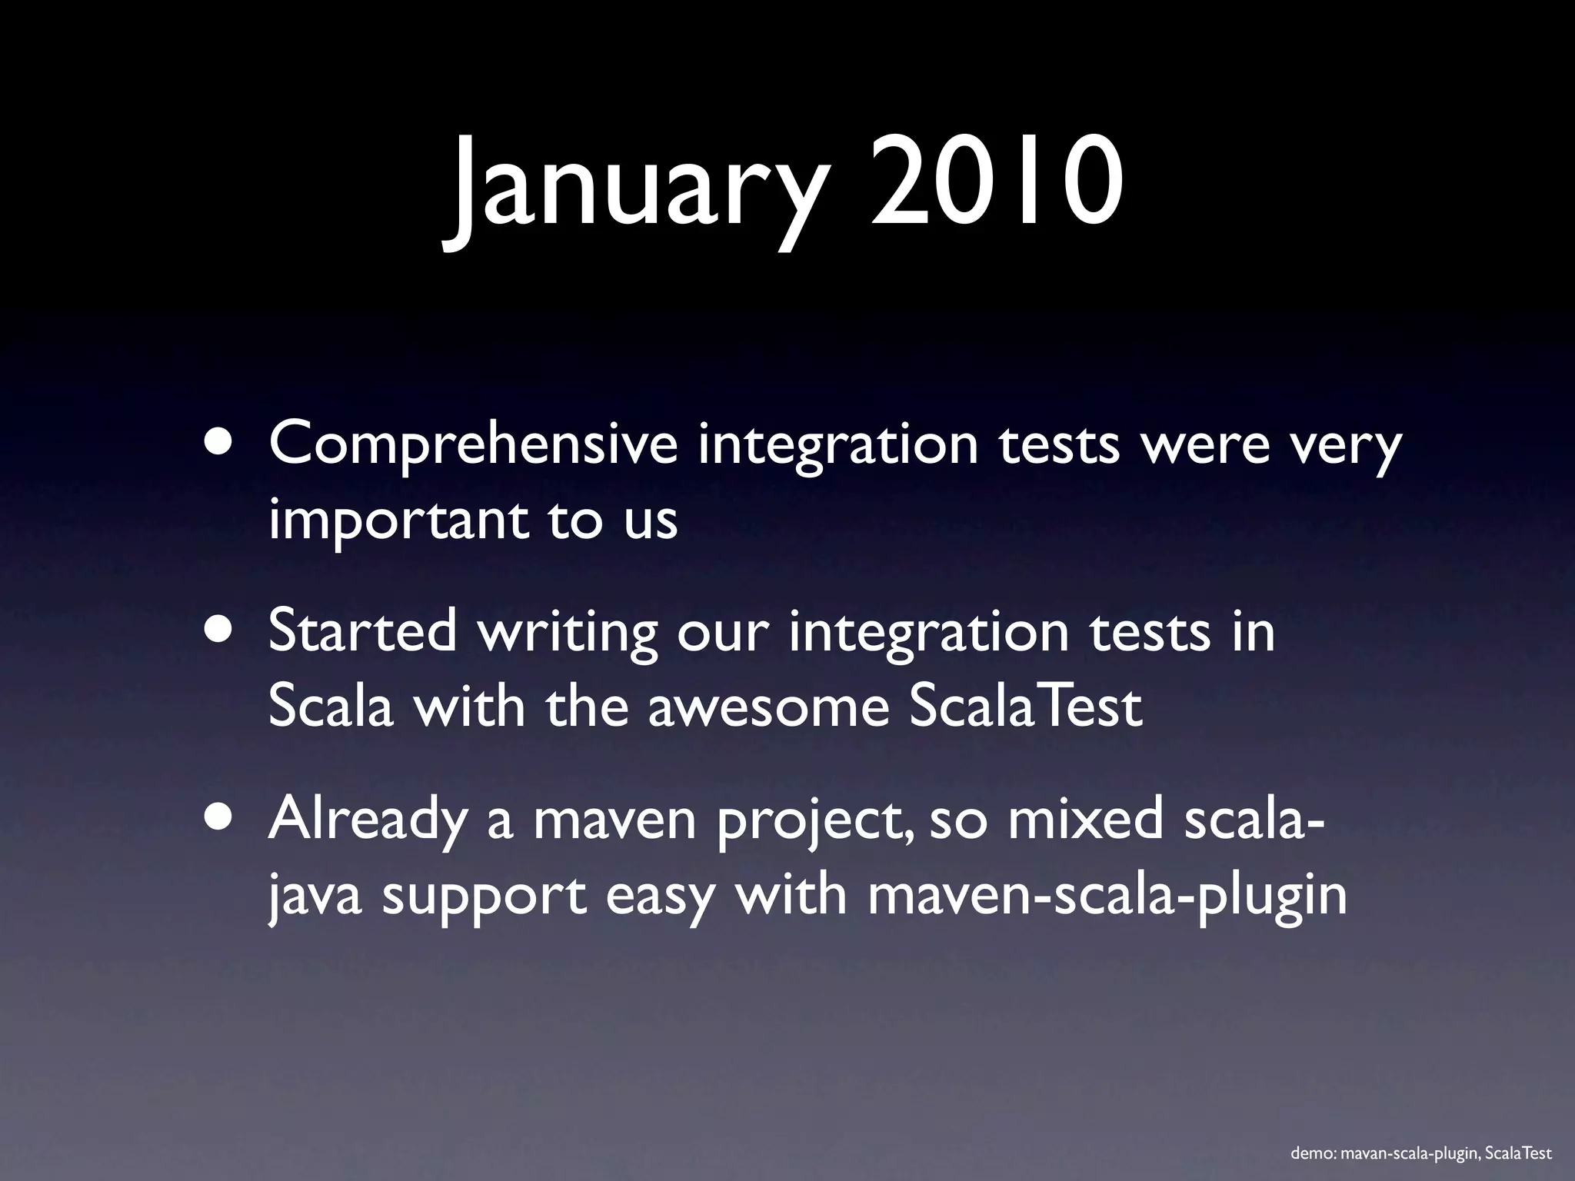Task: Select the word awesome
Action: (768, 707)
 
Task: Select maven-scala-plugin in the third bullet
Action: (1107, 897)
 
